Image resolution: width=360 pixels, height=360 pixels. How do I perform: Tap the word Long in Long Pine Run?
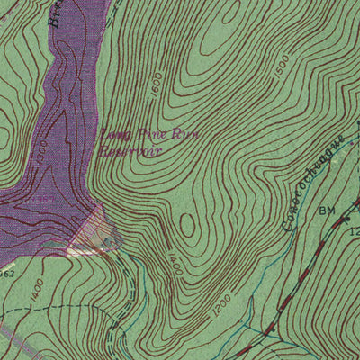pos(113,135)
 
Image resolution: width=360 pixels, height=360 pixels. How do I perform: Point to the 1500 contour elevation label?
pos(280,67)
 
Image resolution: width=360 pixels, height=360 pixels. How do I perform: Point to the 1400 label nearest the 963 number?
pos(36,289)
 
